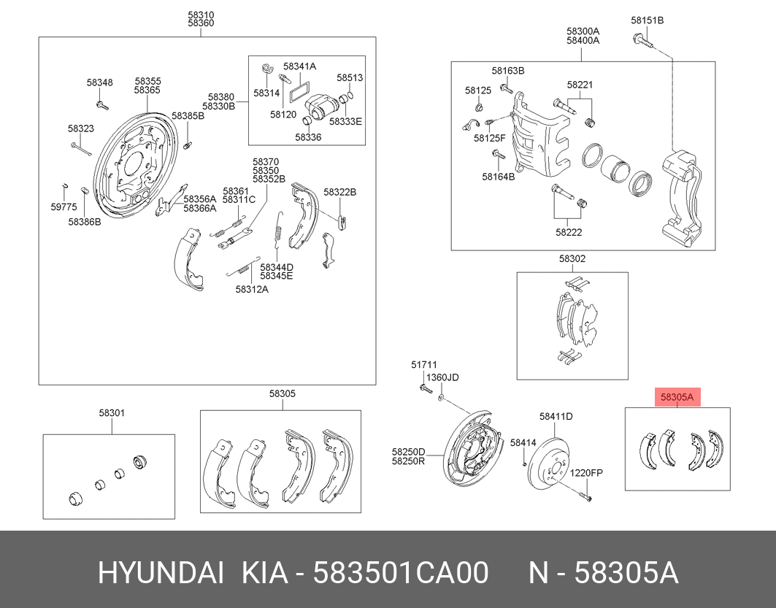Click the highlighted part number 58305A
pyautogui.click(x=676, y=398)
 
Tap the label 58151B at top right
pyautogui.click(x=647, y=20)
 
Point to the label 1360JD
pyautogui.click(x=442, y=377)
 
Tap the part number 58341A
pyautogui.click(x=299, y=66)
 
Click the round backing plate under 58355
pyautogui.click(x=131, y=168)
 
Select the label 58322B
pyautogui.click(x=339, y=192)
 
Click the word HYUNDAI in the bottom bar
pyautogui.click(x=161, y=574)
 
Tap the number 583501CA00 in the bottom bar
pyautogui.click(x=401, y=574)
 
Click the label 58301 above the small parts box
pyautogui.click(x=112, y=413)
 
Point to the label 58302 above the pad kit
pyautogui.click(x=572, y=258)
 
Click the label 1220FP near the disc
pyautogui.click(x=586, y=472)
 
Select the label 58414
pyautogui.click(x=523, y=442)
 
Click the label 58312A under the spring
pyautogui.click(x=252, y=289)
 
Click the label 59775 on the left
pyautogui.click(x=64, y=207)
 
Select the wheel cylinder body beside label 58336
pyautogui.click(x=320, y=108)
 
